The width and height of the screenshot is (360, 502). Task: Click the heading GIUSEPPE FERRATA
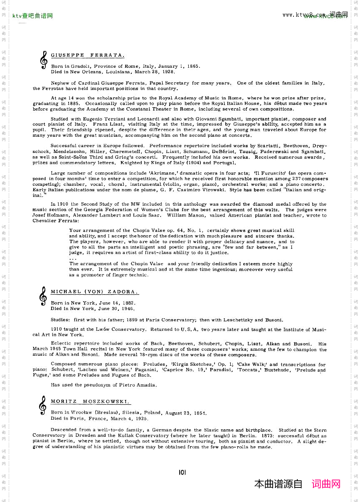point(87,55)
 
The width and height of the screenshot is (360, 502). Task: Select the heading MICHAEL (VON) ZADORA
point(94,292)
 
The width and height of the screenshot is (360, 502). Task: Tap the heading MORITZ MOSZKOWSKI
point(90,402)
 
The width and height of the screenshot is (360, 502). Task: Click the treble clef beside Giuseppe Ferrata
point(43,60)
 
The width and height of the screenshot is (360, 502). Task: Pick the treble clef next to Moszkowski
point(42,406)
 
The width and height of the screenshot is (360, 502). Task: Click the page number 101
point(182,472)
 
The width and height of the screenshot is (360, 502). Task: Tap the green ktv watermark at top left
point(32,16)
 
